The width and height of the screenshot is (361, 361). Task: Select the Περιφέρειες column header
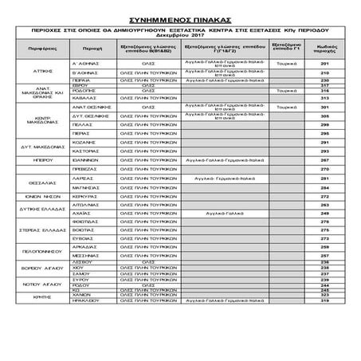[x=44, y=48]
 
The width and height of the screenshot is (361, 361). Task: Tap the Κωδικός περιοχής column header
[x=324, y=48]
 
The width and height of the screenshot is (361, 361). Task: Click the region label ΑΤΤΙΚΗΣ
[x=44, y=69]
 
